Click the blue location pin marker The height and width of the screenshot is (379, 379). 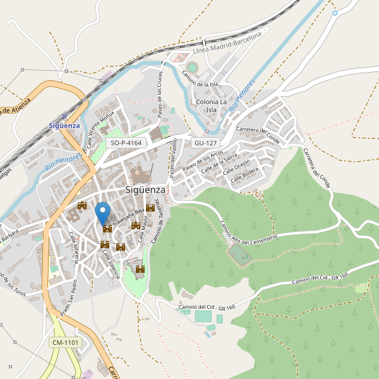pyautogui.click(x=102, y=211)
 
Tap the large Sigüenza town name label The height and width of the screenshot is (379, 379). pyautogui.click(x=145, y=189)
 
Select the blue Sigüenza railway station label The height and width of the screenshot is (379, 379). pyautogui.click(x=64, y=125)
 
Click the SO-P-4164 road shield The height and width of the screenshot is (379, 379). pyautogui.click(x=126, y=143)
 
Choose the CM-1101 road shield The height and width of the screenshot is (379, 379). pyautogui.click(x=65, y=342)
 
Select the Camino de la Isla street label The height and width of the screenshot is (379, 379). pyautogui.click(x=200, y=79)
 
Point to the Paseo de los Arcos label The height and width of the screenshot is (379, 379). pyautogui.click(x=202, y=162)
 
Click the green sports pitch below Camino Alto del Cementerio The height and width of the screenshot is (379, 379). pyautogui.click(x=238, y=255)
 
